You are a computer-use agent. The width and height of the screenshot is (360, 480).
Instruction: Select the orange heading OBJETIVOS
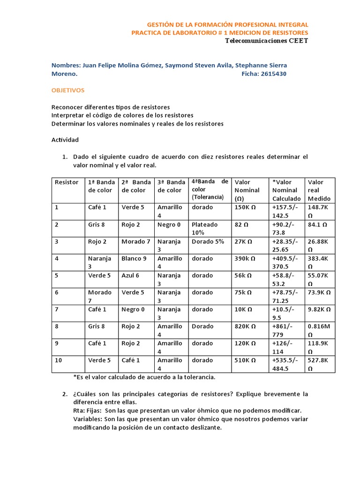coord(68,90)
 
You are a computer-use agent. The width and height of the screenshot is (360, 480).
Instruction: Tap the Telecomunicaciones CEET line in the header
coord(267,41)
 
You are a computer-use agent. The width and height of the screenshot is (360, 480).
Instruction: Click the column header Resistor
coord(67,182)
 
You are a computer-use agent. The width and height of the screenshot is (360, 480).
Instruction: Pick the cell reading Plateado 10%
coord(204,228)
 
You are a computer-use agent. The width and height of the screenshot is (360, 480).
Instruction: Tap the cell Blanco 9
coord(134,258)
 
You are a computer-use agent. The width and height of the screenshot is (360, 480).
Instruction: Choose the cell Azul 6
coord(130,275)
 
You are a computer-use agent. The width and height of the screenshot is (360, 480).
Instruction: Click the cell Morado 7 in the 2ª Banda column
coord(135,241)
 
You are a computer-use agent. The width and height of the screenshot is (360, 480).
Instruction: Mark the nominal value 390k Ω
coord(245,258)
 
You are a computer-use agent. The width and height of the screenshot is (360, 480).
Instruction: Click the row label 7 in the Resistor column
coord(57,309)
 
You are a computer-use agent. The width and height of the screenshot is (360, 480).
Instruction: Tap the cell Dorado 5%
coord(208,241)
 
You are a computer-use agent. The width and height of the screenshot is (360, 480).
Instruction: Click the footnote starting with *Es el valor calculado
coord(144,377)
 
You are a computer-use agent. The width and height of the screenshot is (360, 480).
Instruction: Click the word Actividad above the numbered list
coord(65,140)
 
